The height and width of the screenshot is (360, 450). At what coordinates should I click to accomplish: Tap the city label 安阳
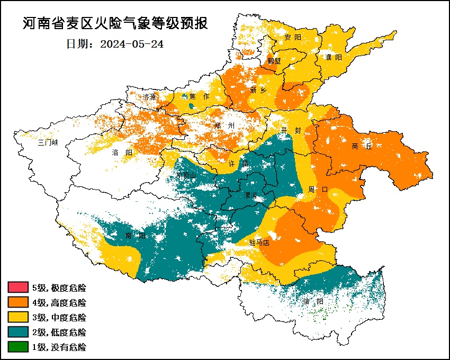[292, 38]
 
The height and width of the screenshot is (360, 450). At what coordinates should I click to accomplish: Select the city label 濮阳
[334, 57]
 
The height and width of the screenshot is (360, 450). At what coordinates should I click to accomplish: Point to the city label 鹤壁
[274, 61]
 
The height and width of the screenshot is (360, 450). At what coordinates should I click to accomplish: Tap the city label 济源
[150, 97]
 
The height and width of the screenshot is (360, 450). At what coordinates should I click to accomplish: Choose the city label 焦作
[199, 96]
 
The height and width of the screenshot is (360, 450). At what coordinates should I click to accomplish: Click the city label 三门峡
[48, 142]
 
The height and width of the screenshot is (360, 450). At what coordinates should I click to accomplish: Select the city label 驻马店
[259, 243]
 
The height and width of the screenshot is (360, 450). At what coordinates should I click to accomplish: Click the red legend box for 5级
[17, 288]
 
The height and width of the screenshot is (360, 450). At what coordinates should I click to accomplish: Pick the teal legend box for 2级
[17, 332]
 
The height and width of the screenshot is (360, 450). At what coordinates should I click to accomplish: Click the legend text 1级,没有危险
[59, 347]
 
